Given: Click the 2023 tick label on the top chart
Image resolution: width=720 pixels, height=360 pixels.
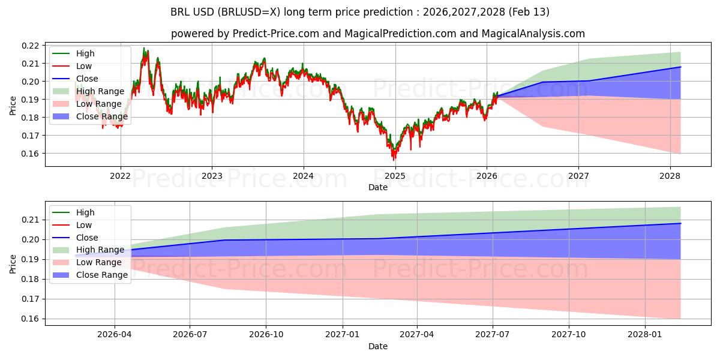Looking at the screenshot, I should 212,176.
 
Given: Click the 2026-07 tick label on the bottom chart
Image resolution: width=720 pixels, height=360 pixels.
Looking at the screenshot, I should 190,335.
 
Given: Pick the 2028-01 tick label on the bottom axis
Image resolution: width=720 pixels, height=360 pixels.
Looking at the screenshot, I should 644,335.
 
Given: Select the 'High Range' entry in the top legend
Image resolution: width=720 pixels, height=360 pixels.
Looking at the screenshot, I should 100,91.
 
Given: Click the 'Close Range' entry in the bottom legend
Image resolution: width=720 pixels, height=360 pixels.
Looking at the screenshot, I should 102,275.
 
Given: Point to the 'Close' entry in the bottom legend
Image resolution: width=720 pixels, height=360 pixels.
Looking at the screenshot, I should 87,238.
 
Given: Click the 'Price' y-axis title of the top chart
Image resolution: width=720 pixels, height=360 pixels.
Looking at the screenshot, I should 13,106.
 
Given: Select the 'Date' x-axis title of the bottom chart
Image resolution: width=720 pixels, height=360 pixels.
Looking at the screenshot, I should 378,346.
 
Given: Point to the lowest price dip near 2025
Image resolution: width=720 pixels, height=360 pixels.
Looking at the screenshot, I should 394,160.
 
